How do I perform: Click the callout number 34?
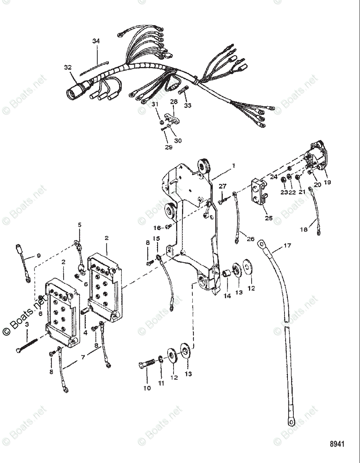click(96, 41)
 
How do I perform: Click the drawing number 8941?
click(337, 444)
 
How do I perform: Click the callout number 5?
click(79, 225)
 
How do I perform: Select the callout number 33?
click(187, 105)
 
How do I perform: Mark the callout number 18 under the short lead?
click(304, 230)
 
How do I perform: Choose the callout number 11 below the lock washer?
click(161, 383)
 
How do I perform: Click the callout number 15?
click(156, 239)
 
